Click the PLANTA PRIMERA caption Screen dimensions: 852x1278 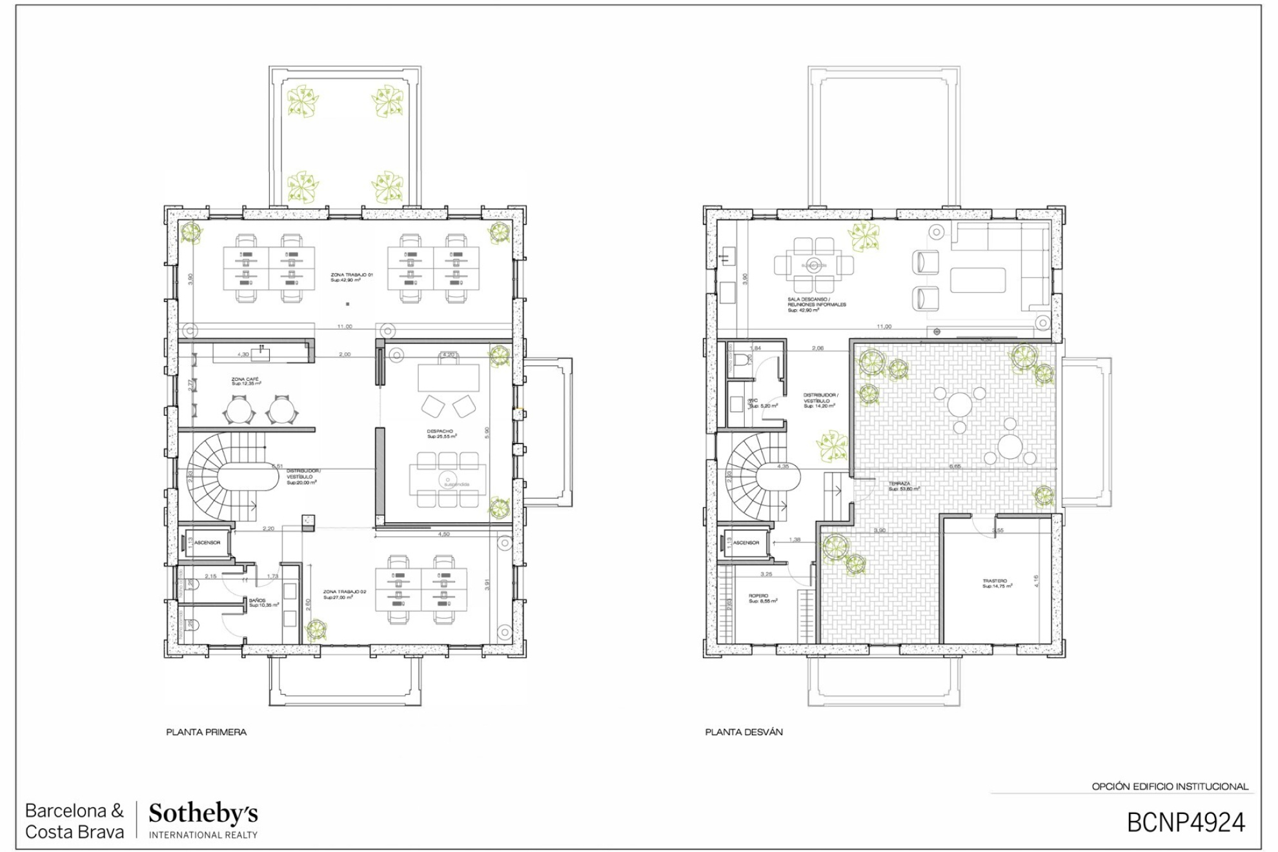tap(206, 732)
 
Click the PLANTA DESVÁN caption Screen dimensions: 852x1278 tap(744, 732)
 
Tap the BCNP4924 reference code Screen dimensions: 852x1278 tap(1186, 822)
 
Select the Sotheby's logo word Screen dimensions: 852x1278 tap(203, 813)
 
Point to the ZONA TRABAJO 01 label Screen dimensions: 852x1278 tap(352, 275)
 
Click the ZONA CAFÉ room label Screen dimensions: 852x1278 tap(245, 380)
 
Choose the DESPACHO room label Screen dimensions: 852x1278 tap(440, 431)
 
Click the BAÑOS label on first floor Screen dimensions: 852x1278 tap(258, 601)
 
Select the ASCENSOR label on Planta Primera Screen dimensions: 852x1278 tap(207, 543)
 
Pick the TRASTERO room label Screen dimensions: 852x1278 tap(995, 581)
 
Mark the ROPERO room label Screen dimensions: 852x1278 tap(758, 596)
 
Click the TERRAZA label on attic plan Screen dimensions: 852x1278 tap(899, 483)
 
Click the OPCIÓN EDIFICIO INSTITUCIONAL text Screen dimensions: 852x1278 tap(1170, 786)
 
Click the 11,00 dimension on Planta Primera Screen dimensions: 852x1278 tap(345, 327)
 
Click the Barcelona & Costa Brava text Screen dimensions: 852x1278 tap(74, 821)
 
